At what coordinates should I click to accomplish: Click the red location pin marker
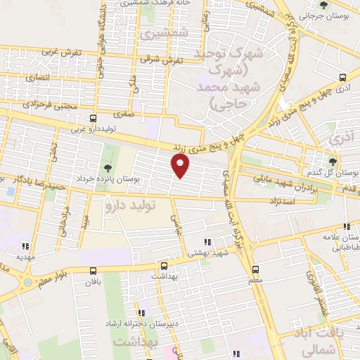tap(181, 165)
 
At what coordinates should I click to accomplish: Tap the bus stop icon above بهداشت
tap(164, 266)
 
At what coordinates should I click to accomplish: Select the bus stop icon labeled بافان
tap(94, 271)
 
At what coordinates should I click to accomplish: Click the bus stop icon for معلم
tap(255, 269)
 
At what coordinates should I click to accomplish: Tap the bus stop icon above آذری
tap(342, 77)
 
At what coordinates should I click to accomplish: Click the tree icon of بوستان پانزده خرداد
tap(108, 167)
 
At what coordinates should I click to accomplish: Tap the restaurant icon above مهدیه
tap(26, 246)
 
